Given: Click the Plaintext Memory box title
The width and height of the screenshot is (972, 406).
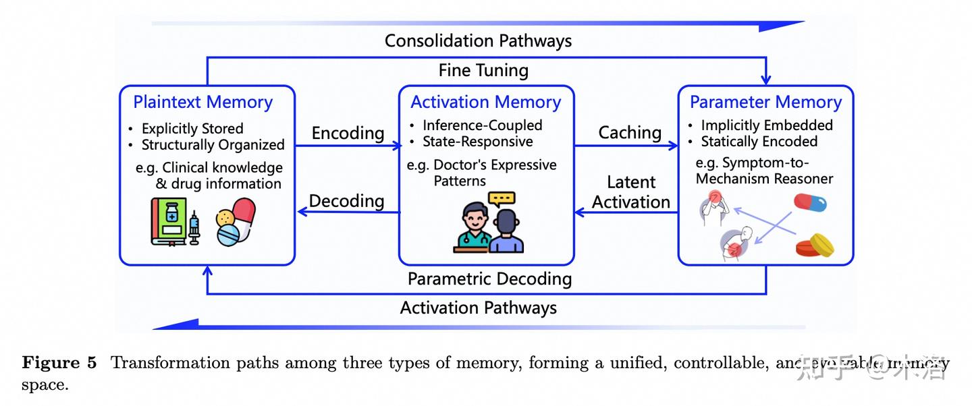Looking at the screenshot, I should point(202,103).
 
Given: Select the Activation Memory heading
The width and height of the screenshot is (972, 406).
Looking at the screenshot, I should point(485,103).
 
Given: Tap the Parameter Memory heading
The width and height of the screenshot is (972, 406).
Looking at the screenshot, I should point(765,103).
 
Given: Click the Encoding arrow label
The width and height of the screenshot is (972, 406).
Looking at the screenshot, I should point(348,134).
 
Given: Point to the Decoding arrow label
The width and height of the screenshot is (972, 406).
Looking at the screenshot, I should point(346,201).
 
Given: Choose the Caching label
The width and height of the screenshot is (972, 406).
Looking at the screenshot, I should point(630,133).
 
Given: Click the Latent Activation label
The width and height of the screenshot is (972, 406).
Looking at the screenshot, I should point(630,192).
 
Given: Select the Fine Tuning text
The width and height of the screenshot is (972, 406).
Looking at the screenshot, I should point(483,70).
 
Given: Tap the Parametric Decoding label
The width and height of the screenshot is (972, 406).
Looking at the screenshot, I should point(489,279).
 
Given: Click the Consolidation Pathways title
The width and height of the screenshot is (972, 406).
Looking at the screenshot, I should point(478,40).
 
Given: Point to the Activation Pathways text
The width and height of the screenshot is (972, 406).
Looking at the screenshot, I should point(478,308).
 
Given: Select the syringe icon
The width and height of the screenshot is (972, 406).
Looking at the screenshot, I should point(194,227).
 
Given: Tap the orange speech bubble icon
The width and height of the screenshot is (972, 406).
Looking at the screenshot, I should point(502,200).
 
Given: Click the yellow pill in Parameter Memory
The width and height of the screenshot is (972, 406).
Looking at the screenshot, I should point(815,245).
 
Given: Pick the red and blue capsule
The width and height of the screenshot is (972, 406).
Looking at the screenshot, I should point(810,202).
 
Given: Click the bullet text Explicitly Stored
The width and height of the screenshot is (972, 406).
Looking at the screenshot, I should point(192,129).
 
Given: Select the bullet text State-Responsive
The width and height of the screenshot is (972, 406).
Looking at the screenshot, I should point(477,142).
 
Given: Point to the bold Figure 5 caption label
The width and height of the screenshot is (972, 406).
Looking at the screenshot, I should point(59,364).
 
